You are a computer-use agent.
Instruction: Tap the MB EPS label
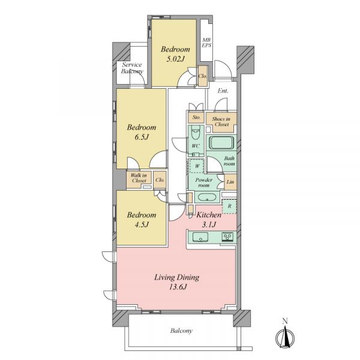206,43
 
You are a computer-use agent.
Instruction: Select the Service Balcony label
132,68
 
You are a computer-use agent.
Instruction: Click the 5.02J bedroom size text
175,59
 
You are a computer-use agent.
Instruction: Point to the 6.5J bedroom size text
142,137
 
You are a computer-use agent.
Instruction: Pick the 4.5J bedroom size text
142,224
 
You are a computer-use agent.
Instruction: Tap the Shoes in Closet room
221,122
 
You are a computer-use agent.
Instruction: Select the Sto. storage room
196,117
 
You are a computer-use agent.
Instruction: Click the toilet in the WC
196,133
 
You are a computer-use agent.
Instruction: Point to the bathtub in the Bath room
221,143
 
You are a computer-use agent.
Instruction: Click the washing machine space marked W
197,166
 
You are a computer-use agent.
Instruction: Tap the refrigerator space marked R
229,206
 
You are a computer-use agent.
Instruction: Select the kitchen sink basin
200,237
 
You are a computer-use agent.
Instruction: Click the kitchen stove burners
227,236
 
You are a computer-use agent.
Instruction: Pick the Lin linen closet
230,182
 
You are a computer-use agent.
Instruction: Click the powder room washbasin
207,197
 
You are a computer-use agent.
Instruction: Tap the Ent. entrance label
223,91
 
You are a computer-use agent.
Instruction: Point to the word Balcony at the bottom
181,331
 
